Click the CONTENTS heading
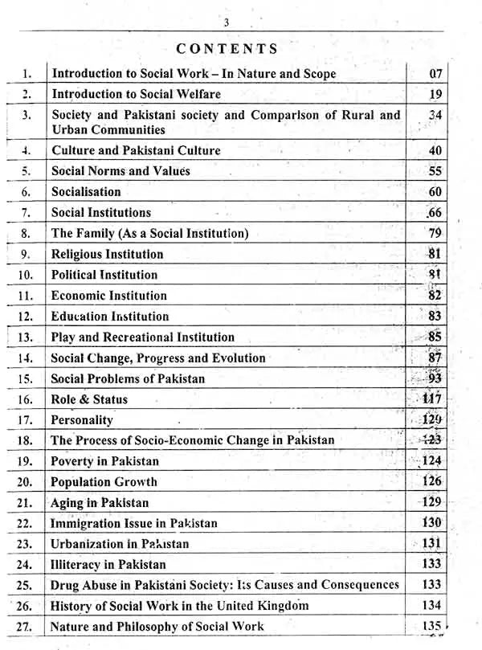click(227, 49)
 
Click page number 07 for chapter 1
click(436, 74)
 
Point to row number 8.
click(26, 234)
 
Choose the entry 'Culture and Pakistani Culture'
click(136, 150)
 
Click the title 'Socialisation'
click(86, 192)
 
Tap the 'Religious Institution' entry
click(107, 255)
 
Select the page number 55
click(435, 171)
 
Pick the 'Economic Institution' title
click(109, 296)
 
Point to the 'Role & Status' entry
click(89, 399)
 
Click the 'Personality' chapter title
click(82, 420)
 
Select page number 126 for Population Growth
click(431, 482)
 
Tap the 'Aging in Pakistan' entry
click(100, 503)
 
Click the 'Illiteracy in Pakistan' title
click(108, 565)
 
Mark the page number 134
click(431, 607)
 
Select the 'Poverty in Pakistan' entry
click(104, 461)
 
